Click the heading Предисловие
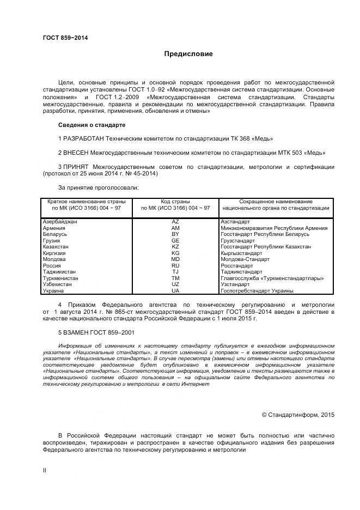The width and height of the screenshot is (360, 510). pyautogui.click(x=189, y=54)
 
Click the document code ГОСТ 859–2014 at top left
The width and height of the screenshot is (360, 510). pyautogui.click(x=65, y=38)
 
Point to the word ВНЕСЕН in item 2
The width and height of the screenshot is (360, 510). pyautogui.click(x=77, y=153)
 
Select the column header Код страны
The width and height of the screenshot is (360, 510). pyautogui.click(x=175, y=202)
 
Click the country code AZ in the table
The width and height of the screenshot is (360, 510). pyautogui.click(x=175, y=222)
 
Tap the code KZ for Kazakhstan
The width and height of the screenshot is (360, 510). pyautogui.click(x=175, y=247)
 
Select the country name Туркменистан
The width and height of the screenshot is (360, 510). pyautogui.click(x=60, y=278)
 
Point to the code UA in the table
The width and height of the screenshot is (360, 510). pyautogui.click(x=175, y=290)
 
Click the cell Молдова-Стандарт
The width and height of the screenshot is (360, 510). pyautogui.click(x=245, y=259)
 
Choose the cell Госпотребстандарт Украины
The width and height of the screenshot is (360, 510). pyautogui.click(x=257, y=290)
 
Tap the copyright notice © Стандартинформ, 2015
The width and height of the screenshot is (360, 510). pyautogui.click(x=298, y=415)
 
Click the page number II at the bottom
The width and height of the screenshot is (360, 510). pyautogui.click(x=44, y=469)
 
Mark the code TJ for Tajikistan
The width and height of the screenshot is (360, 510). pyautogui.click(x=175, y=272)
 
